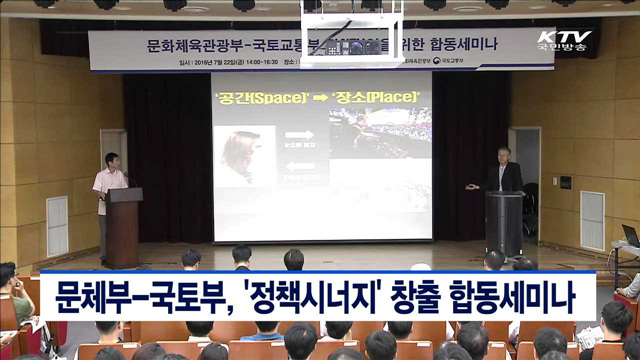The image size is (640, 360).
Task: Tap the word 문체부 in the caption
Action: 91,298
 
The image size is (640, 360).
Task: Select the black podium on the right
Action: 503,224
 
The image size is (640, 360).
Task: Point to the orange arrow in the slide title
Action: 319,97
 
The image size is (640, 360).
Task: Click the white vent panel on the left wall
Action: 58,225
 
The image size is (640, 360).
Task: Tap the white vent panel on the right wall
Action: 592,220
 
